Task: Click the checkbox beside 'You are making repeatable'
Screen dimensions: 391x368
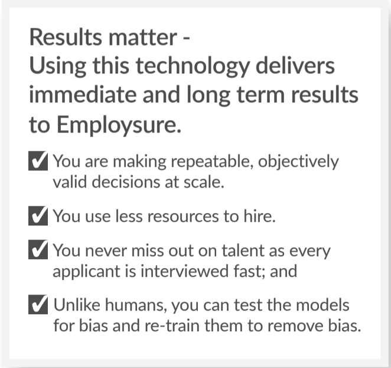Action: click(38, 161)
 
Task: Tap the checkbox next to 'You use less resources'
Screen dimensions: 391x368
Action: click(38, 216)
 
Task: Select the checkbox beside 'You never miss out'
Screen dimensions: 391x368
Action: click(38, 250)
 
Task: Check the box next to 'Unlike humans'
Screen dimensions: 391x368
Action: click(38, 305)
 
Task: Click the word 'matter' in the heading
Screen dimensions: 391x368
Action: click(143, 37)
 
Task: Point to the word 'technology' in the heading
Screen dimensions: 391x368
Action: click(193, 66)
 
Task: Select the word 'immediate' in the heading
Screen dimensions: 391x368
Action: click(83, 95)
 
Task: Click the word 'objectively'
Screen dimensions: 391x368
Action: click(298, 162)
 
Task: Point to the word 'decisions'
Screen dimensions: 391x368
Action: click(126, 182)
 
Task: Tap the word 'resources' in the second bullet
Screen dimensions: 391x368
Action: click(183, 217)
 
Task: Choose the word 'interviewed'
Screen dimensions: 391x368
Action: click(184, 271)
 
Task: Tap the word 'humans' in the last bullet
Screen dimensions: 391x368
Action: click(136, 305)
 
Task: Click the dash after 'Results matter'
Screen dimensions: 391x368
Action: click(187, 38)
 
